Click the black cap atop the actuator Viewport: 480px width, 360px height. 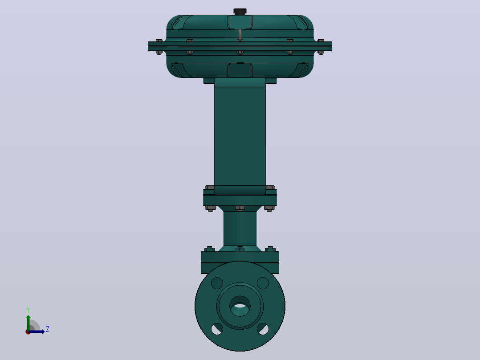[240, 11]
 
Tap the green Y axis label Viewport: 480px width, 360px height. [28, 310]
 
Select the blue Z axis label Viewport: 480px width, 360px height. [48, 329]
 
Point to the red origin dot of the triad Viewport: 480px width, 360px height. [28, 332]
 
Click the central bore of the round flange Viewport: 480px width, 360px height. [240, 306]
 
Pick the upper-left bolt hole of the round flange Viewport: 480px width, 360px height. [217, 283]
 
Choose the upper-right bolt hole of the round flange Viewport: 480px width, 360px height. [263, 283]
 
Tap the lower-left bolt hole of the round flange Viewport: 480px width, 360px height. [217, 329]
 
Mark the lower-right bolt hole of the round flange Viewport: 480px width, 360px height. [263, 329]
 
